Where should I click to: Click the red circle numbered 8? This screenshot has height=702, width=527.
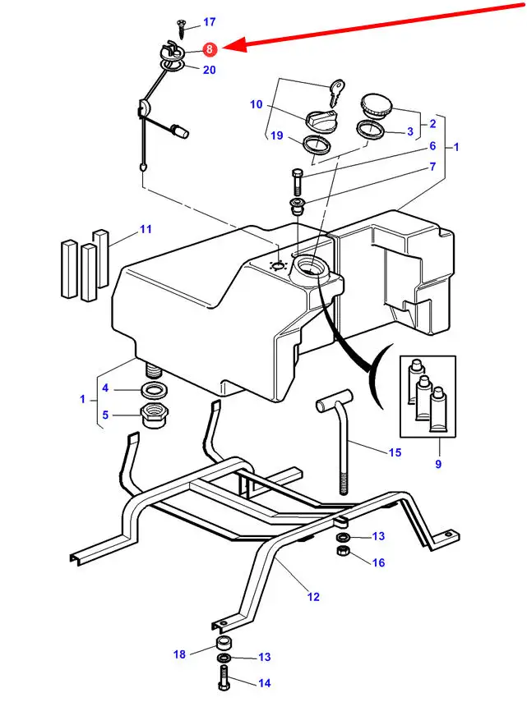[210, 49]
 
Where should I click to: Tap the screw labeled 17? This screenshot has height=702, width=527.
[182, 28]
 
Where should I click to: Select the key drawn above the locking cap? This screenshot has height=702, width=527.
[336, 92]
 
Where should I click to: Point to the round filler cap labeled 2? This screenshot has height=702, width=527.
[376, 107]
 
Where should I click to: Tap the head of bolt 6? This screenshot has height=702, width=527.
[298, 172]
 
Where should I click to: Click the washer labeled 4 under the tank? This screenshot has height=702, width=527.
[155, 390]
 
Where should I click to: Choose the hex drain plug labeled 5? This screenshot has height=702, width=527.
[155, 415]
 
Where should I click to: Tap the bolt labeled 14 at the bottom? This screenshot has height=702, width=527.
[224, 678]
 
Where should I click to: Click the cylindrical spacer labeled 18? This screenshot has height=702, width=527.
[224, 644]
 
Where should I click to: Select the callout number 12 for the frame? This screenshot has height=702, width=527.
[313, 596]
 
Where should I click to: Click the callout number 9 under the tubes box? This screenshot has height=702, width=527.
[438, 464]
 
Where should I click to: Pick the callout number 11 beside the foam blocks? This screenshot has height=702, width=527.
[146, 229]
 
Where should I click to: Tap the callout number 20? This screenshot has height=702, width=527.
[210, 70]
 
